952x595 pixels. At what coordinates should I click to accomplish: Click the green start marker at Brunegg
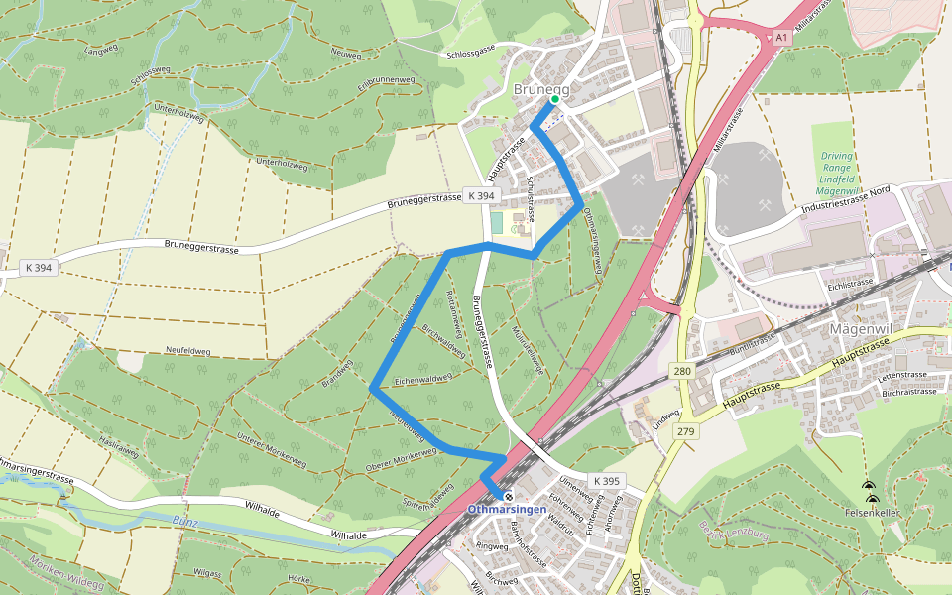554,99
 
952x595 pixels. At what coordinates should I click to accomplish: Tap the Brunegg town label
541,89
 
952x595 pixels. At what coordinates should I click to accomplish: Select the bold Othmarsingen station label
507,510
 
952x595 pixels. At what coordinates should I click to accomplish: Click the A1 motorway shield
781,37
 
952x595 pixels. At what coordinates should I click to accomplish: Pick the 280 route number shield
681,372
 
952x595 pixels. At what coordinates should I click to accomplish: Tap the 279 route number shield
686,431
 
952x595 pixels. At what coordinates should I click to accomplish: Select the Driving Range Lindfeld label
838,173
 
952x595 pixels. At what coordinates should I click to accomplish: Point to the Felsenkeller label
873,514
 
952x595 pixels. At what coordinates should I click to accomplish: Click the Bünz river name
185,520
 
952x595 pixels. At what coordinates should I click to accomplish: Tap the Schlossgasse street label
471,55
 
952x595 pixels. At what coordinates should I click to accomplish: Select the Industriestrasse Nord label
838,201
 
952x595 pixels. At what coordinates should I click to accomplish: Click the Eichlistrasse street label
851,283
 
